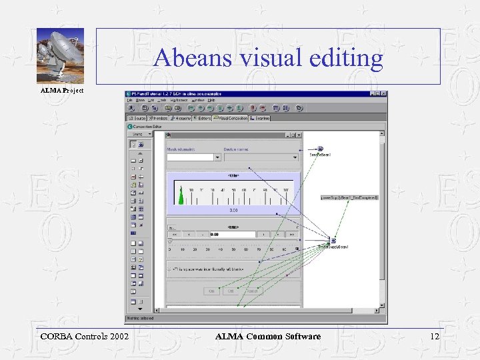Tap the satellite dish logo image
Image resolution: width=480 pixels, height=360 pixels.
click(60, 55)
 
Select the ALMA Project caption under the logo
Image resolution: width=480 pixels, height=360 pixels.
click(62, 90)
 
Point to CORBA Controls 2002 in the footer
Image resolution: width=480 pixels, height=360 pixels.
click(83, 336)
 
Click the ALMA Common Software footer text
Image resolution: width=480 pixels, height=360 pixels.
click(268, 336)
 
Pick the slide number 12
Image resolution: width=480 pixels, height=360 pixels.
click(434, 336)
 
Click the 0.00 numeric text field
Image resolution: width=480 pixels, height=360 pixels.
click(232, 235)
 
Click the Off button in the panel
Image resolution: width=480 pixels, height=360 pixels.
click(232, 291)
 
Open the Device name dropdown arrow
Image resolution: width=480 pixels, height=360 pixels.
click(294, 157)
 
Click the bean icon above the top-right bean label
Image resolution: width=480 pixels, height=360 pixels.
click(321, 149)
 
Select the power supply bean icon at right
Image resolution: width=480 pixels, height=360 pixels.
click(333, 240)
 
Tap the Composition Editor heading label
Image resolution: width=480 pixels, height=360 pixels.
click(149, 125)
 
